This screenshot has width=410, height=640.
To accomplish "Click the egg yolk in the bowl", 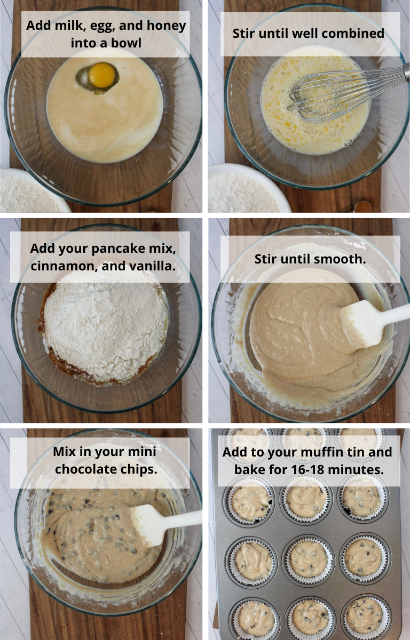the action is point(101,75).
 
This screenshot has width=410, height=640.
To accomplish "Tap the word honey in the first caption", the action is point(166,26).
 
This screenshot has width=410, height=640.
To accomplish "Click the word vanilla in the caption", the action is point(152,266).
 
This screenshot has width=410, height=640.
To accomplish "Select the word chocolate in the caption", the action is point(90,469).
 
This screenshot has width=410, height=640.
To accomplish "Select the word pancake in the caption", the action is point(119,249).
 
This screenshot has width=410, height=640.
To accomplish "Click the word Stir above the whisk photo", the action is point(243,34).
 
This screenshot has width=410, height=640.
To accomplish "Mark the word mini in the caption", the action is point(142,452).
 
